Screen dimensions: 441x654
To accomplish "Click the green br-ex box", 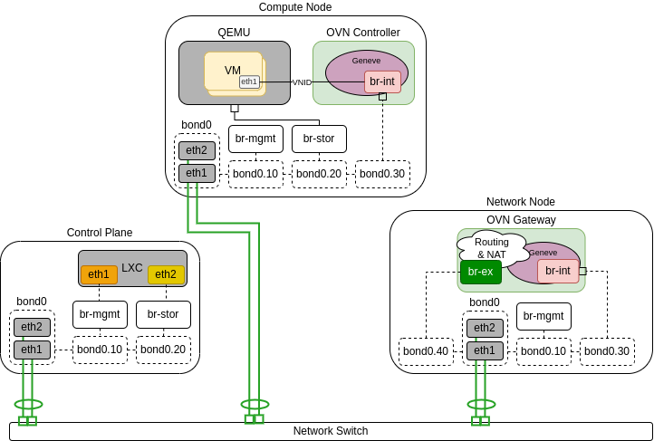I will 480,272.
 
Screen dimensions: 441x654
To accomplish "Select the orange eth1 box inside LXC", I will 99,274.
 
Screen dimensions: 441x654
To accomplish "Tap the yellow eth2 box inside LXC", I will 166,274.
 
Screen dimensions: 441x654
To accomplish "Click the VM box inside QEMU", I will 233,71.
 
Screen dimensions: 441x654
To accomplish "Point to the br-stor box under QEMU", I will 319,139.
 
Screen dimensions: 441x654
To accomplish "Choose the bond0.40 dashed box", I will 426,351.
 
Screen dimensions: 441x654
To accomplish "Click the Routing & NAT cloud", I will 492,247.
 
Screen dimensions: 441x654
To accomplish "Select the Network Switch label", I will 331,431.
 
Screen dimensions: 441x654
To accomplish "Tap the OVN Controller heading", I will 362,33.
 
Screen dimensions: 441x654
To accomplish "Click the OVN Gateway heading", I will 521,220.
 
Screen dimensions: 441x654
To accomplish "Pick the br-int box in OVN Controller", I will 382,81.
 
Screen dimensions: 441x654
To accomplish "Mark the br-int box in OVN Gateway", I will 558,271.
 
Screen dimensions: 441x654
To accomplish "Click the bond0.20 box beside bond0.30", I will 319,174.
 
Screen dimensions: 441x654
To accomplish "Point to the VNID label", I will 302,82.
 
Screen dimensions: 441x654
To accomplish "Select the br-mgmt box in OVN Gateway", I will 543,316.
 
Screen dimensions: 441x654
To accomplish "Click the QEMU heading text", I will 234,33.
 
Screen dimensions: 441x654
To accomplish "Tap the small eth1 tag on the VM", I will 249,81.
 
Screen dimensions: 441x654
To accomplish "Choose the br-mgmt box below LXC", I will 100,314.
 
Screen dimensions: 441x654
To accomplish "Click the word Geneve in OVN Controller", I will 366,61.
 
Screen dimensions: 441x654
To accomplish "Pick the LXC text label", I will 132,268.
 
